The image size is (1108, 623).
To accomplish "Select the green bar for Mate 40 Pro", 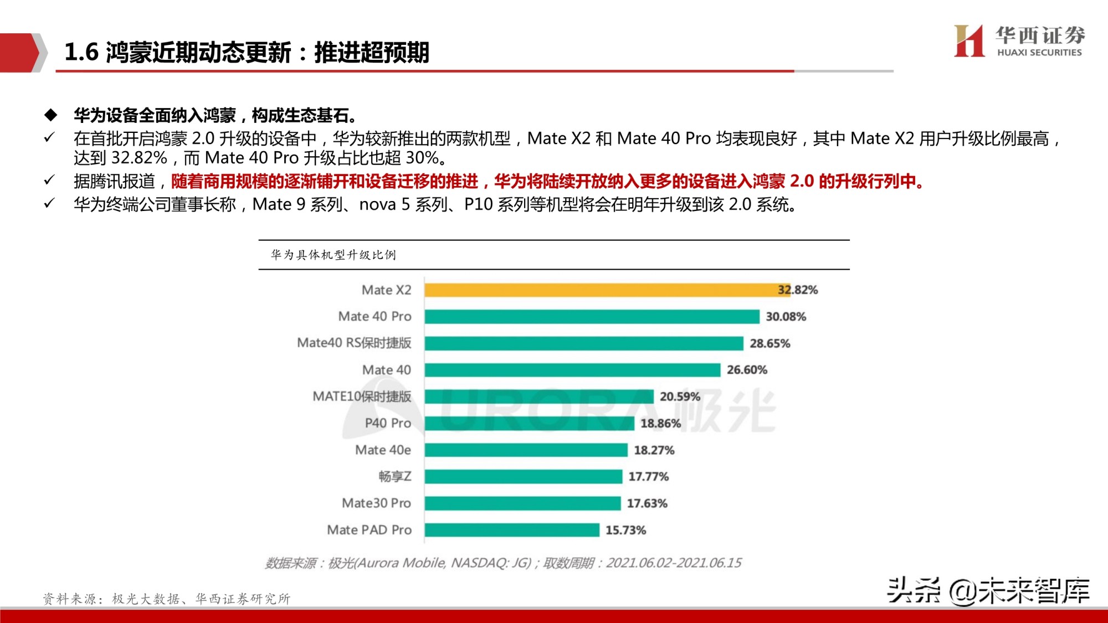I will [592, 316].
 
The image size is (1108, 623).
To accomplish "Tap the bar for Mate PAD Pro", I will [512, 530].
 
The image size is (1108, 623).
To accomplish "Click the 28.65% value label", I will [770, 343].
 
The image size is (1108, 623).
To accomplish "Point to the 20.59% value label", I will [680, 397].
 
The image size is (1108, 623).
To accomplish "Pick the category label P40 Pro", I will [388, 423].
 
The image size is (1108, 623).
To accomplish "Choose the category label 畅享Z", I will [394, 476].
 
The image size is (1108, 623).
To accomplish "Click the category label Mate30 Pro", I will [376, 503].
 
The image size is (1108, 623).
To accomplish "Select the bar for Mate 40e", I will [526, 450].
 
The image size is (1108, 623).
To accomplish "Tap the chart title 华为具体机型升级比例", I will [333, 255].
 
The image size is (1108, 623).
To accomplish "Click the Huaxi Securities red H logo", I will [969, 41].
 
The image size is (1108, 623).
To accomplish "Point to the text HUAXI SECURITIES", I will [1039, 53].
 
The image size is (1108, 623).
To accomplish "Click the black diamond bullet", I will [51, 115].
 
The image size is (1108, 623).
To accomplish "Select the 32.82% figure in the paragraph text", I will [139, 158].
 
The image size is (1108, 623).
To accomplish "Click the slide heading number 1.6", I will [81, 52].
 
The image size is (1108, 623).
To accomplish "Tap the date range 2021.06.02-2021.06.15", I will [673, 563].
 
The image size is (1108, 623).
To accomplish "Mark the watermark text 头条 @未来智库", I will [988, 591].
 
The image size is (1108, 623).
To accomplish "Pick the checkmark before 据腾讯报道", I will [49, 181].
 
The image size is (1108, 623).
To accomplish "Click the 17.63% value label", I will [647, 503].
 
